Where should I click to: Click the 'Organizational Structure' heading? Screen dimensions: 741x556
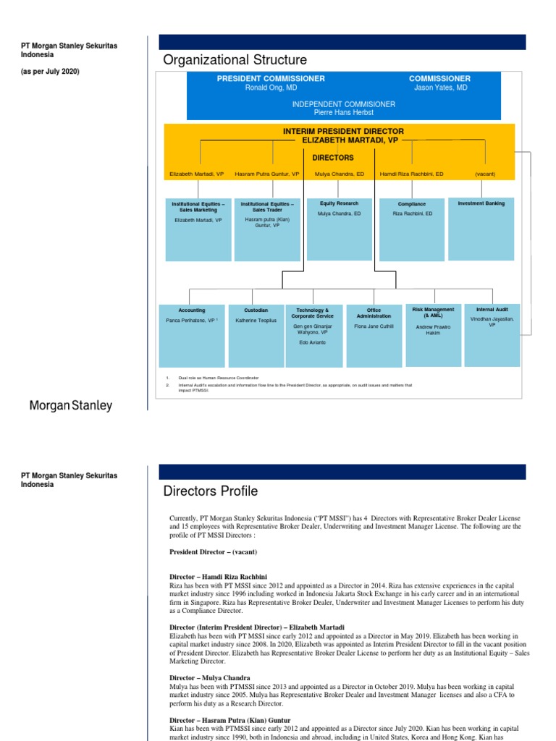point(235,60)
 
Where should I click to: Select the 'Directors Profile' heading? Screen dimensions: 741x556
point(211,492)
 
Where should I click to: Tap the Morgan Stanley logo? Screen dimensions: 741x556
point(70,406)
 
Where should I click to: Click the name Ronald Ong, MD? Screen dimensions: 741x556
point(271,88)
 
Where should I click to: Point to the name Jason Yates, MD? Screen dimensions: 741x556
point(439,88)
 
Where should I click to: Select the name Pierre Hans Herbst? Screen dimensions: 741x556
point(343,112)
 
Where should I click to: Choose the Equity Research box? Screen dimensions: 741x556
point(339,228)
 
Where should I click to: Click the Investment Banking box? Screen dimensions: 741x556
point(481,228)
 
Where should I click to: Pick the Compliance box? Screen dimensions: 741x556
point(412,228)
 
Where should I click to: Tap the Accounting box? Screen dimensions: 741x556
point(192,336)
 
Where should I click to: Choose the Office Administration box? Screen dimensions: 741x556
point(374,336)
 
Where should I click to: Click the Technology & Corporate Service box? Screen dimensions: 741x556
point(313,336)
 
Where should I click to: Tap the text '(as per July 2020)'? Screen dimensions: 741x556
point(50,72)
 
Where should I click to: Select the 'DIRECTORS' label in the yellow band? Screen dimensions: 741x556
point(332,157)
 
